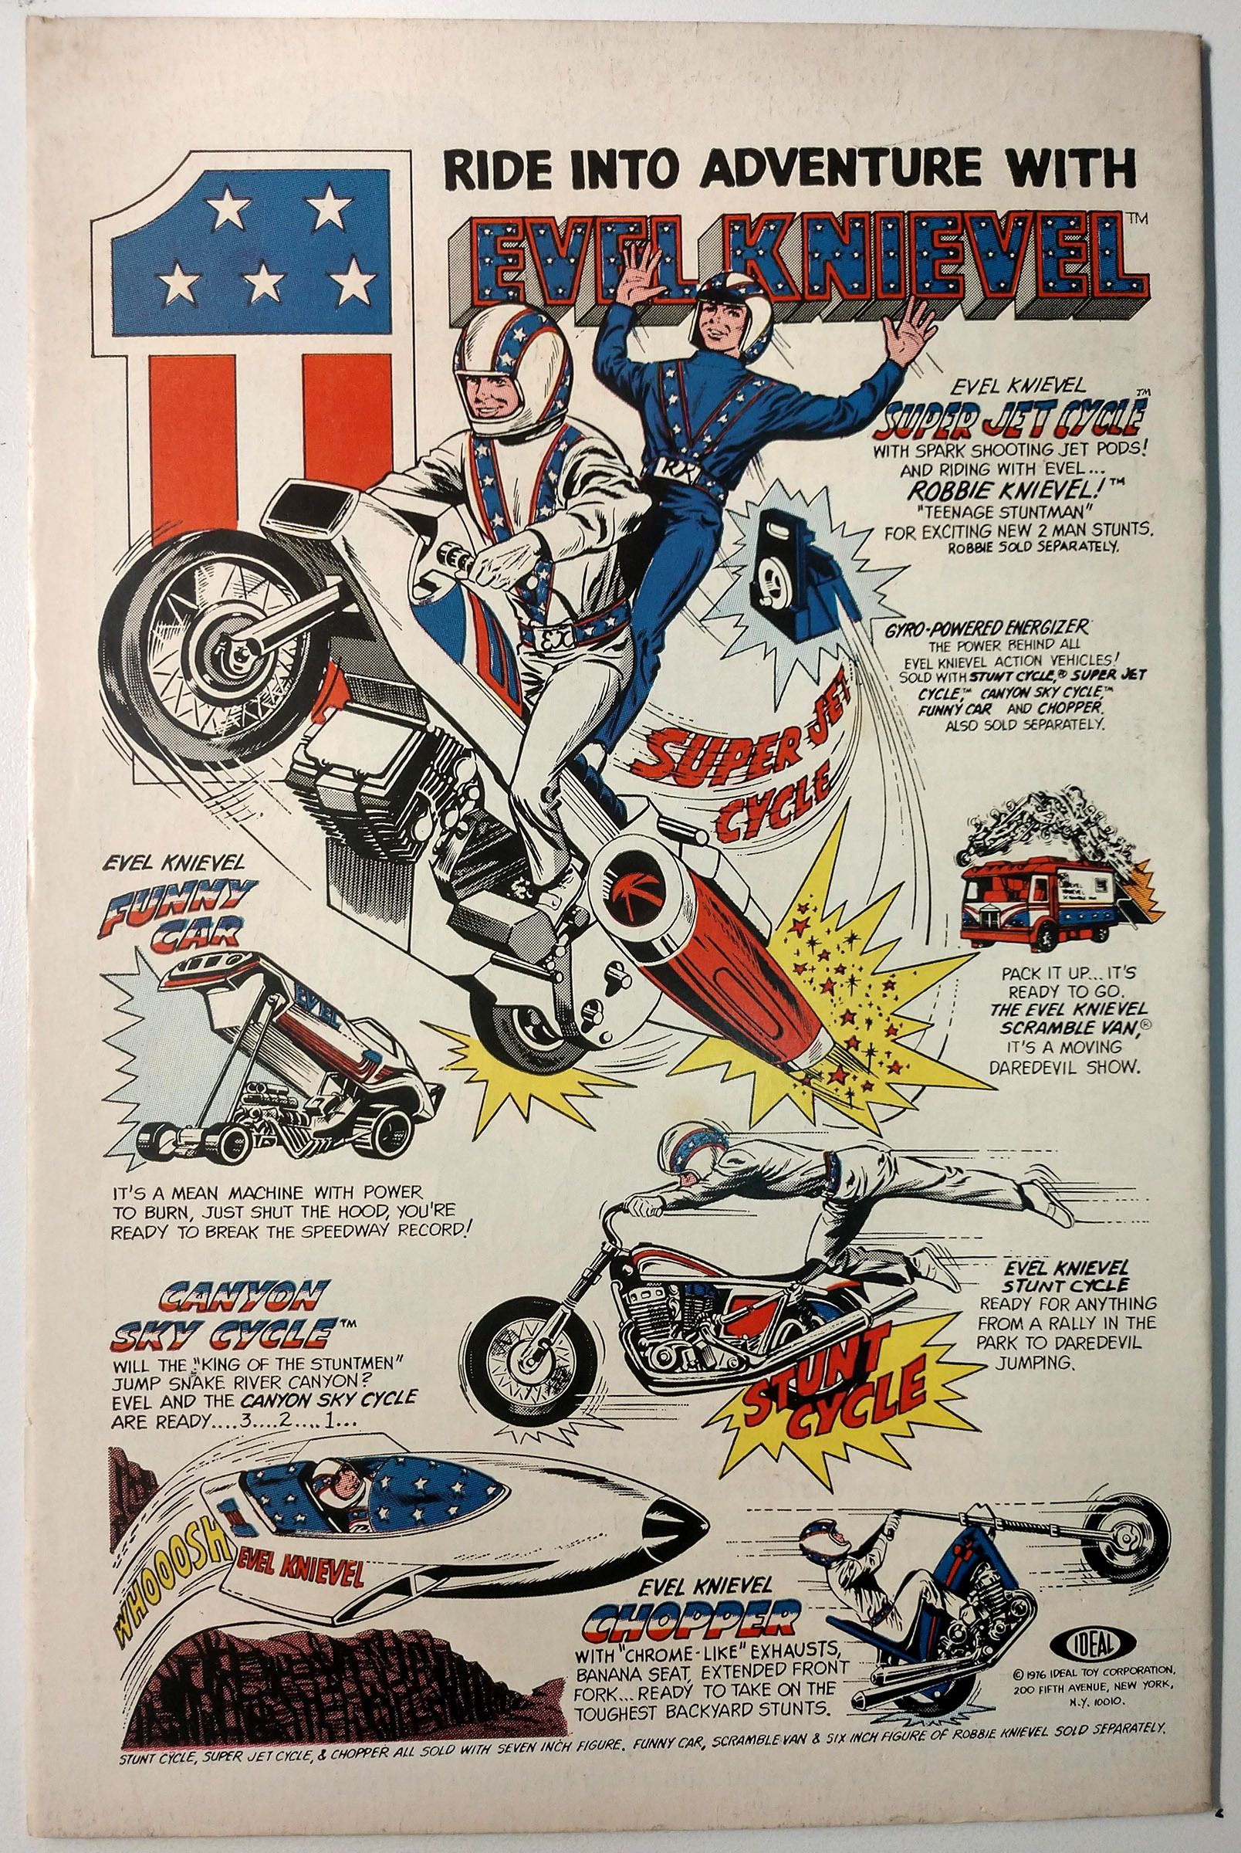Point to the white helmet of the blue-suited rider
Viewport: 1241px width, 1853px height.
(x=725, y=308)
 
